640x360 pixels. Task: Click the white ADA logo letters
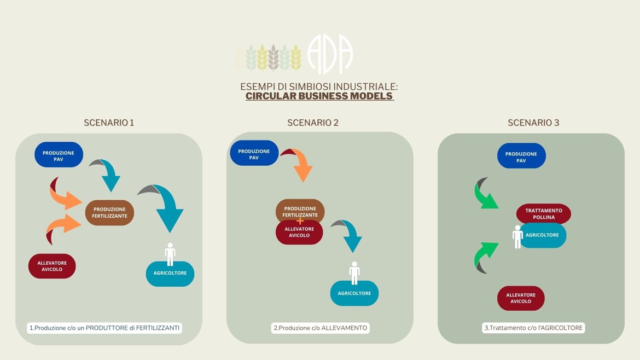[330, 55]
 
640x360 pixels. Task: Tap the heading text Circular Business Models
[319, 96]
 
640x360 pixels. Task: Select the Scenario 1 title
[109, 123]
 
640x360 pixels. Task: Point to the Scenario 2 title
[313, 123]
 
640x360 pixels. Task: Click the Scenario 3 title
[533, 123]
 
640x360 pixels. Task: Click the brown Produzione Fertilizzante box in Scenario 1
[109, 212]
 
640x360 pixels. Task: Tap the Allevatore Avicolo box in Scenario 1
[52, 266]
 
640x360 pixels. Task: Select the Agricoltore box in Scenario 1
[170, 274]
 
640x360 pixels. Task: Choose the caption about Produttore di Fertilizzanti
[105, 328]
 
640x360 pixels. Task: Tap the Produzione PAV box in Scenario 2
[254, 154]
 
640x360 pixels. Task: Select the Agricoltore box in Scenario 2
[354, 293]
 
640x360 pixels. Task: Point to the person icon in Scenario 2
[354, 272]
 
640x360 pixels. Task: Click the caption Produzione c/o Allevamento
[320, 328]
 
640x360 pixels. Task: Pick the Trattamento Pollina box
[544, 213]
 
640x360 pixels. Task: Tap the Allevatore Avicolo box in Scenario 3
[521, 298]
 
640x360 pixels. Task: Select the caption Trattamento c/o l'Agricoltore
[533, 328]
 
